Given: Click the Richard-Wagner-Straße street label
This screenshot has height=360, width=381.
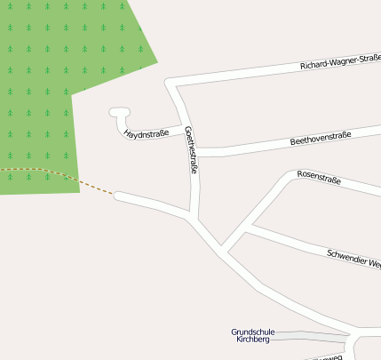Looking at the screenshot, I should point(340,62).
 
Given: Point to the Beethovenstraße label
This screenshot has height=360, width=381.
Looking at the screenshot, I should point(321,139).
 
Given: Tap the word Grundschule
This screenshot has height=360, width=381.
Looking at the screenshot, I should point(253,332).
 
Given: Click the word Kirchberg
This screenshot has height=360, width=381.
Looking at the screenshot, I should point(253,340).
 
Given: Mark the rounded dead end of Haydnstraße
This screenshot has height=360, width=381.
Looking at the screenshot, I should point(119,113).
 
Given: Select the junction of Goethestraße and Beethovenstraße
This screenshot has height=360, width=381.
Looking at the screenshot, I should point(192,150).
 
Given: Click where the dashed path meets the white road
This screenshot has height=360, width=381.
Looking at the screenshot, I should point(116,195).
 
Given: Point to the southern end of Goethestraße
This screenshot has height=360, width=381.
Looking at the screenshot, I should point(193,216).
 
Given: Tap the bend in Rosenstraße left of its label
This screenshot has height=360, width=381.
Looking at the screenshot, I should point(288,177).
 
